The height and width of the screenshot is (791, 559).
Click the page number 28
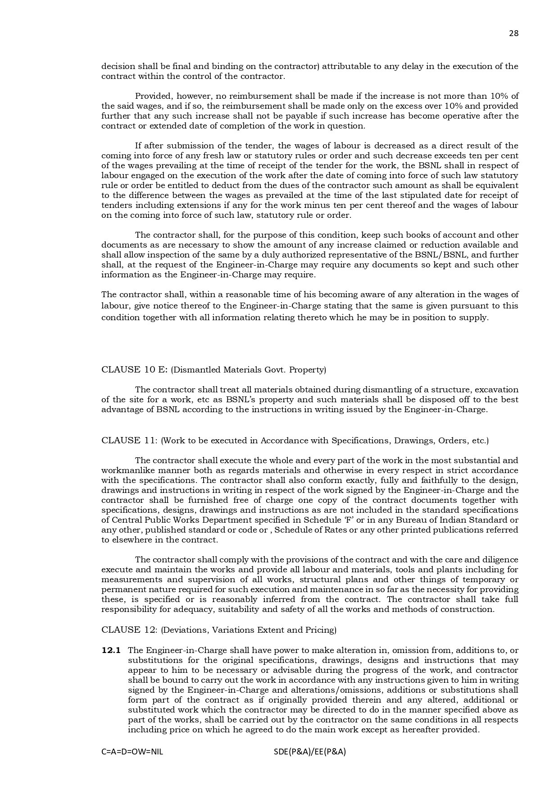point(514,33)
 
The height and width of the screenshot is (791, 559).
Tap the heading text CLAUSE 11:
point(130,441)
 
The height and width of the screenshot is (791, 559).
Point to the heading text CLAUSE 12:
point(130,630)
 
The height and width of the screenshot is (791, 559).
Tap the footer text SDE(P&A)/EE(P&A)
point(309,752)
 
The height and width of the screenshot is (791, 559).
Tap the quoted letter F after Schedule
point(349,520)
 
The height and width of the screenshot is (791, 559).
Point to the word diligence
point(498,560)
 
